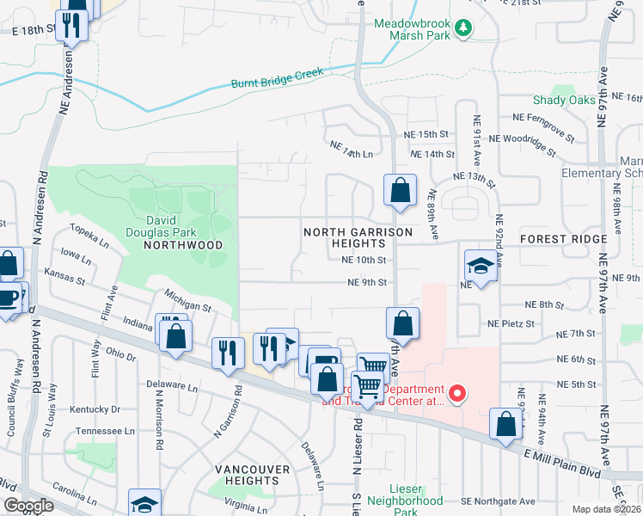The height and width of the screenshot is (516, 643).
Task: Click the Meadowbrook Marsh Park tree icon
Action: coord(463,28)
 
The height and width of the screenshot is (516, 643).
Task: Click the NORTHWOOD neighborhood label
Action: coord(183,245)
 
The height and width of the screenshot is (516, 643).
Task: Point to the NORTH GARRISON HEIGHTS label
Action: coord(358,238)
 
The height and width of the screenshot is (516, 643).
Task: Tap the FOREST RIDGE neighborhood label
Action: coord(563,238)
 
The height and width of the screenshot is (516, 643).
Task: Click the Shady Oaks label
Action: coord(563,101)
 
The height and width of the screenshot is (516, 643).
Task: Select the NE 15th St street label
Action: coord(427,135)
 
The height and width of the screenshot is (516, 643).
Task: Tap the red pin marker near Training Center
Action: coord(457,395)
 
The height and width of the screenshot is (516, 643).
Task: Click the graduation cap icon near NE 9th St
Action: coord(481,267)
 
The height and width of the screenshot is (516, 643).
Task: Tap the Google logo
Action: coord(28,506)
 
